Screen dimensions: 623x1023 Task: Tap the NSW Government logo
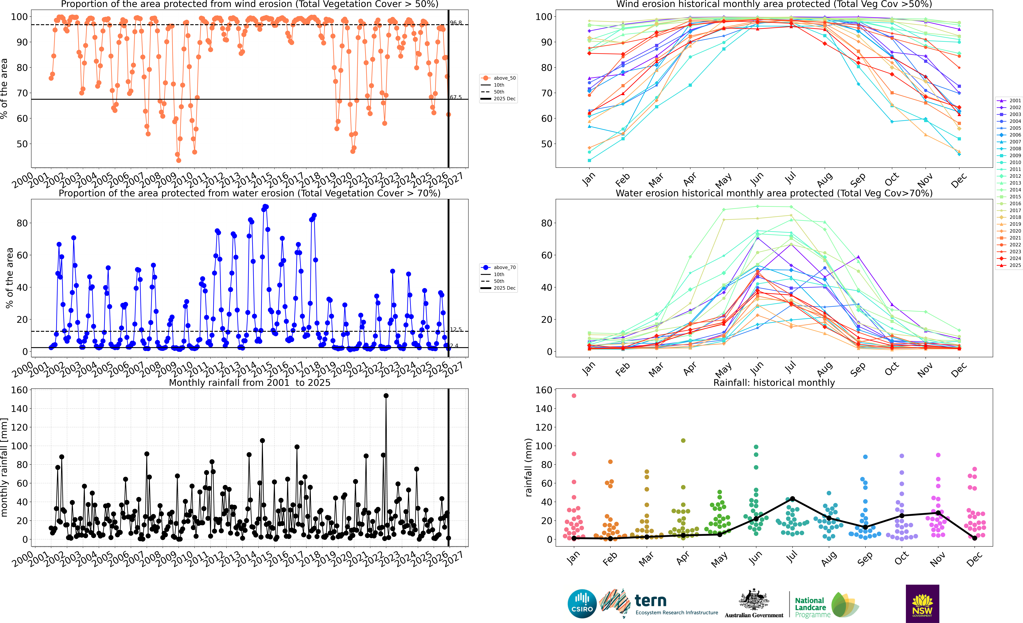click(922, 603)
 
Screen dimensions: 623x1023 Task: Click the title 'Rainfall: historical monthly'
click(774, 383)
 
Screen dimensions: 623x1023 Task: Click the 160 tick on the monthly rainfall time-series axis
click(20, 390)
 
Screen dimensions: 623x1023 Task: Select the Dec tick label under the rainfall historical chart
click(974, 559)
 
